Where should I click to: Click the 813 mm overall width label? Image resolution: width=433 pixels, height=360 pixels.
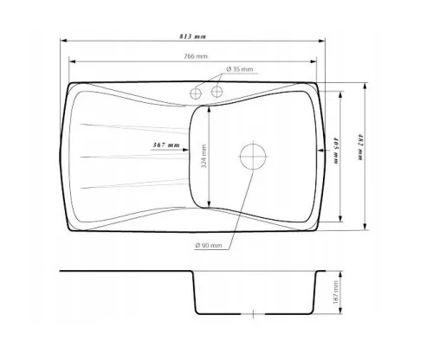coord(192,36)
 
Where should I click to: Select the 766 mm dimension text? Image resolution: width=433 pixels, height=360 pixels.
coord(196,56)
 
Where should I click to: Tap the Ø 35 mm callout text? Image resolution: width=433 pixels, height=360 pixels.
coord(240,69)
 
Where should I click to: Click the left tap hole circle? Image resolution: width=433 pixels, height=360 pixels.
coord(196,93)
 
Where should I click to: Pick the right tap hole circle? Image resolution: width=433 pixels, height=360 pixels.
coord(216,92)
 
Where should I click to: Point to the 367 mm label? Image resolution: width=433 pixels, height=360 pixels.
coord(166,145)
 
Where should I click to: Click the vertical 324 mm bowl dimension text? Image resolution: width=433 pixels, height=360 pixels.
coord(204,157)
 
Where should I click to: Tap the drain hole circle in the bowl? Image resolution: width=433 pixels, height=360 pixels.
coord(253,157)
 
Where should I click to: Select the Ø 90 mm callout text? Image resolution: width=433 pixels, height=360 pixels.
coord(209,246)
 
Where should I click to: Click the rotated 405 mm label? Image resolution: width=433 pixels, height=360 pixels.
coord(336,151)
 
